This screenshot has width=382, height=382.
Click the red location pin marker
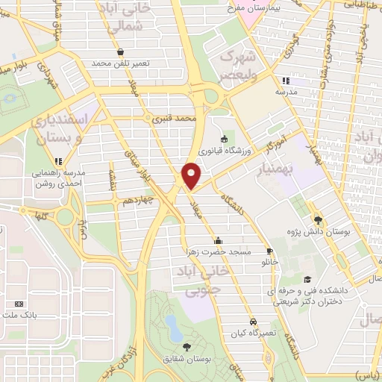(x=191, y=175)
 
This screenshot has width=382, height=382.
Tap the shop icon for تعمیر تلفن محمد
(x=120, y=51)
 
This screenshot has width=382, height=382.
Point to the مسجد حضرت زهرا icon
(x=218, y=240)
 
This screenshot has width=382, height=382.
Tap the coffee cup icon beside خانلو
(x=269, y=251)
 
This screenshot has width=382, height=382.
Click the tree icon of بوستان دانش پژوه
(x=319, y=219)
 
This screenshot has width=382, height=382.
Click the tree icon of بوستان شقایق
(x=187, y=346)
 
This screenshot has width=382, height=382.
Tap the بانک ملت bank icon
(x=19, y=304)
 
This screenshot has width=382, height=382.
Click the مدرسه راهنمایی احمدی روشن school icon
(x=58, y=160)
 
